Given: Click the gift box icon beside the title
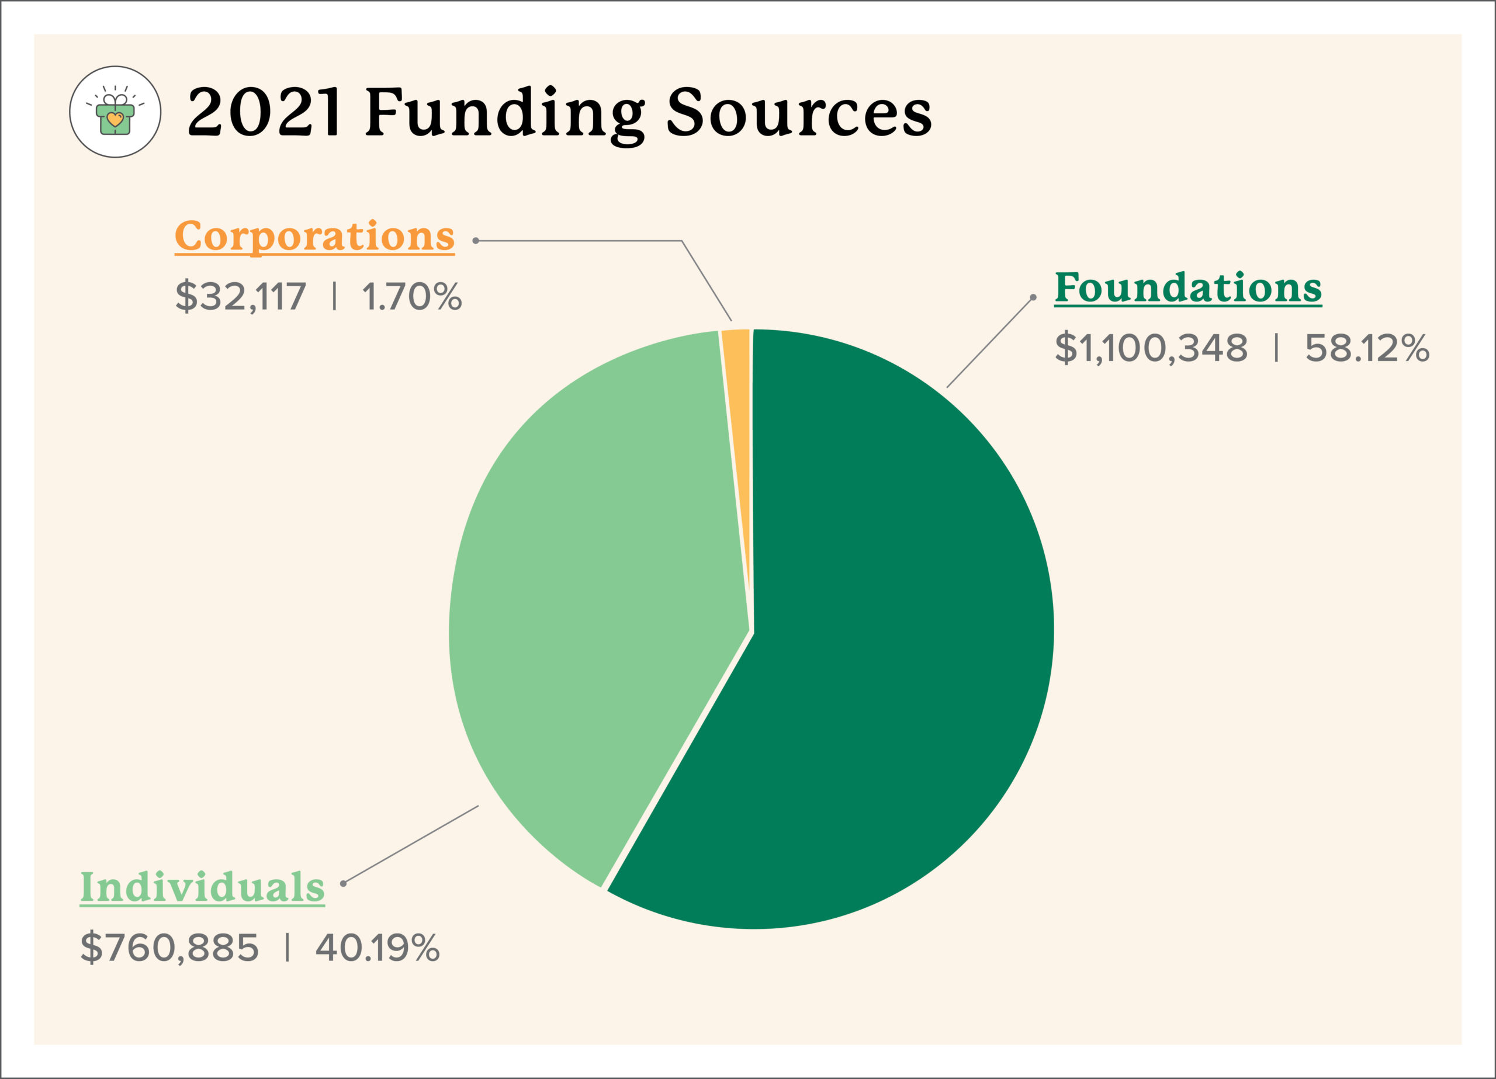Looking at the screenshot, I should (x=116, y=112).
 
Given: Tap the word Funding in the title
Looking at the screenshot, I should (x=504, y=113).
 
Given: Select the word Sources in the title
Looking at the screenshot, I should (x=799, y=113).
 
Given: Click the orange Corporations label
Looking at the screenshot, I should (x=314, y=236).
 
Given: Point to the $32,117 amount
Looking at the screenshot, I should (x=241, y=296).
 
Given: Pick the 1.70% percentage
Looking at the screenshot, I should (x=411, y=296).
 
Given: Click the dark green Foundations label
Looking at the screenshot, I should (x=1188, y=287).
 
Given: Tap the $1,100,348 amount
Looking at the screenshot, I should (x=1151, y=348).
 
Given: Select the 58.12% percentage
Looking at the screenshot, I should (x=1367, y=348).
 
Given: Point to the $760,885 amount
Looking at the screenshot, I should (x=169, y=948).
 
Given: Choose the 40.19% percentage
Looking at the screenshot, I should (x=378, y=948).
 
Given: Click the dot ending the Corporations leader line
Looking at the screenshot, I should (x=476, y=241).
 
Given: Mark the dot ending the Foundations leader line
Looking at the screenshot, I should (x=1033, y=297).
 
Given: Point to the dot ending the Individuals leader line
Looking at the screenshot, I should (x=343, y=883).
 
